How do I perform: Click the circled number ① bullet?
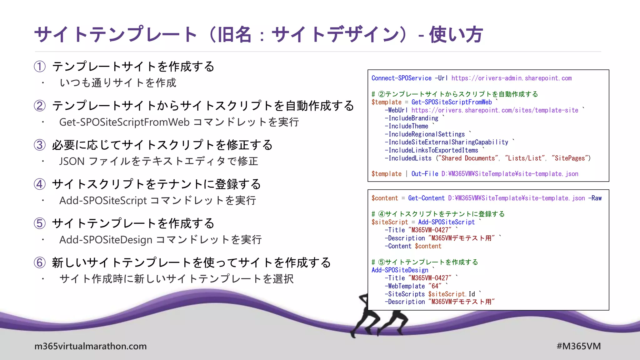coord(40,67)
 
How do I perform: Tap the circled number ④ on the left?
coord(40,184)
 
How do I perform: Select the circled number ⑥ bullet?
coord(40,262)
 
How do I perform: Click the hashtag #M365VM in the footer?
coord(578,346)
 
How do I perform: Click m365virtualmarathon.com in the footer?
coord(90,346)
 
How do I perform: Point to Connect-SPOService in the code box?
coord(401,78)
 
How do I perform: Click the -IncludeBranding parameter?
coord(412,118)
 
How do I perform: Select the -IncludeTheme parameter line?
coord(407,126)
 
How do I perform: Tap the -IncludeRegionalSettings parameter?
coord(425,134)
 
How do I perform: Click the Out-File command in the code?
coord(425,174)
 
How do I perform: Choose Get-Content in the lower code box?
coord(426,198)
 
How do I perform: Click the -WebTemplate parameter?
coord(405,286)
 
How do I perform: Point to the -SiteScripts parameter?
coord(405,294)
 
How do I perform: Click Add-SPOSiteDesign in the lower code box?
coord(400,270)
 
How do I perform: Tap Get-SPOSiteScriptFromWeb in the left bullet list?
coord(124,122)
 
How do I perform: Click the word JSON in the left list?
coord(72,161)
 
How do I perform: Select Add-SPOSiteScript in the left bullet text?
coord(103,201)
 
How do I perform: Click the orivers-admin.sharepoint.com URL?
coord(512,78)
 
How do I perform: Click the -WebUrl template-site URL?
coord(495,110)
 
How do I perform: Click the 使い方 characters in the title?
coord(456,34)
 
